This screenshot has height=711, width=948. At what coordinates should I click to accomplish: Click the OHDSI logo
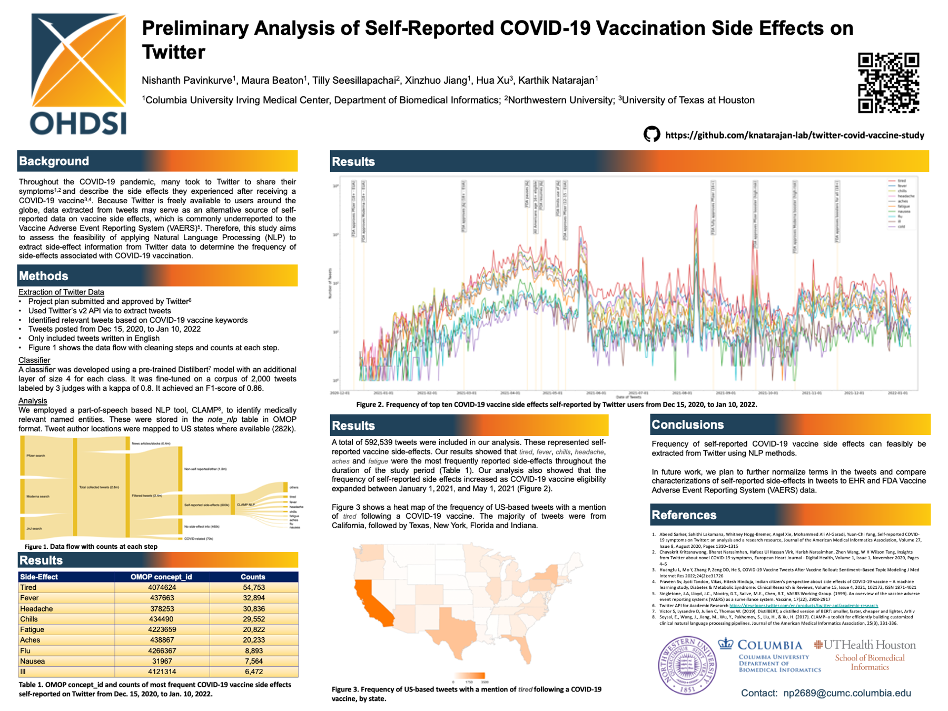click(x=78, y=74)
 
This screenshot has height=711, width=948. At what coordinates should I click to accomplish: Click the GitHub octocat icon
click(x=651, y=134)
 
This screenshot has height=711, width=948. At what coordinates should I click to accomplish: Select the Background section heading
click(x=54, y=161)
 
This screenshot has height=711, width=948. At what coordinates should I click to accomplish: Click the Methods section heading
click(x=44, y=276)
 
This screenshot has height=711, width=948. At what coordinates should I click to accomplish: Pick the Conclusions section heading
click(x=687, y=424)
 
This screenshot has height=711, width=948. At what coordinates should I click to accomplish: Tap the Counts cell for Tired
click(x=253, y=587)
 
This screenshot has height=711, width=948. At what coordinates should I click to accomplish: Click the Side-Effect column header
click(x=39, y=577)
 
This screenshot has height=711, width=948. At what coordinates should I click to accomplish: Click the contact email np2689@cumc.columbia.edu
click(x=847, y=693)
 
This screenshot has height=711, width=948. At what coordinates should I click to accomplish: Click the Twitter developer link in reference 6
click(x=803, y=606)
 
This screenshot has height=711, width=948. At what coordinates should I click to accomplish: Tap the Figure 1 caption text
click(x=91, y=546)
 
